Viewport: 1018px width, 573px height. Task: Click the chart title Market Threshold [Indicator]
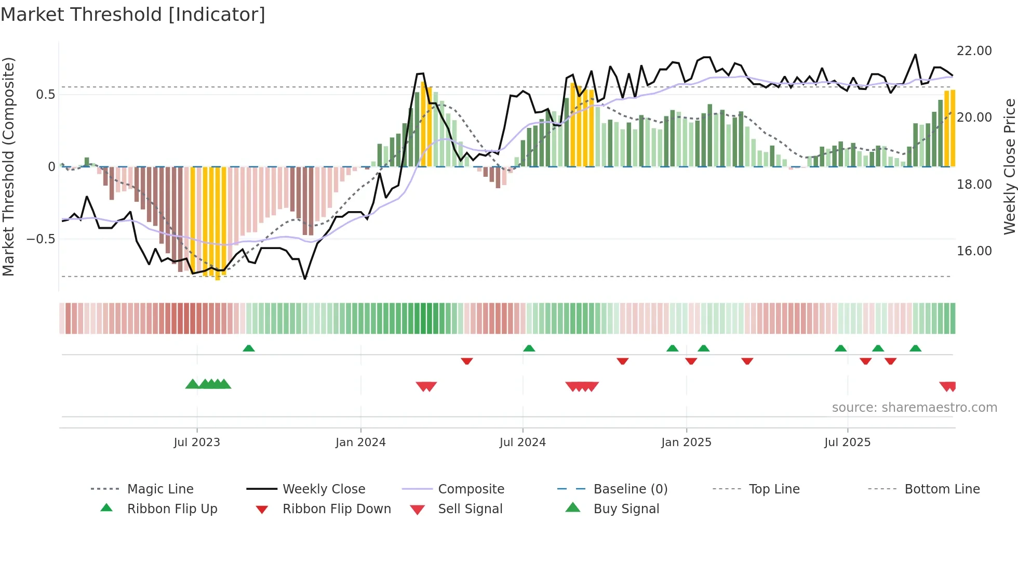(133, 15)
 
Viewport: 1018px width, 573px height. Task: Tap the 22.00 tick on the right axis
(974, 51)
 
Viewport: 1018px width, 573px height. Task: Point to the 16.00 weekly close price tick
(974, 251)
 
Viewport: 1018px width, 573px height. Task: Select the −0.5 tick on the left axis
(41, 239)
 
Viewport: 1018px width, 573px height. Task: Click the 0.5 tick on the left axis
(45, 95)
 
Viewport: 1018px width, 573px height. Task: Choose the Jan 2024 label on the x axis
(360, 442)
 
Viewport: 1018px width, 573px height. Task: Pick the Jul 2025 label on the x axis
(847, 442)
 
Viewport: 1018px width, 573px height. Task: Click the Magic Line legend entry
(160, 489)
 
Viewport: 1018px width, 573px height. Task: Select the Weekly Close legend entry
(324, 489)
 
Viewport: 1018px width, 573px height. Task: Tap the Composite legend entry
(471, 489)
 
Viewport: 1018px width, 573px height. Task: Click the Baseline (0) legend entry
(630, 489)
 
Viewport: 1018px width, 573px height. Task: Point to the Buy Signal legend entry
(626, 509)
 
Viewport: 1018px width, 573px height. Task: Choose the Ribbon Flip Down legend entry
(337, 509)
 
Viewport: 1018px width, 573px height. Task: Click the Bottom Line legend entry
(942, 489)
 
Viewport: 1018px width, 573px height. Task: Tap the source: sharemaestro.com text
(914, 408)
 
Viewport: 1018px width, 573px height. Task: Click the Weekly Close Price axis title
(1009, 166)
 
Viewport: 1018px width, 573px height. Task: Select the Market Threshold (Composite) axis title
(8, 166)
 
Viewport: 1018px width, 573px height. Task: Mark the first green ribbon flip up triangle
(249, 348)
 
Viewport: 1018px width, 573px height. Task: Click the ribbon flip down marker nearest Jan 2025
(691, 361)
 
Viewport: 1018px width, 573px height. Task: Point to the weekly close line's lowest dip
(305, 279)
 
